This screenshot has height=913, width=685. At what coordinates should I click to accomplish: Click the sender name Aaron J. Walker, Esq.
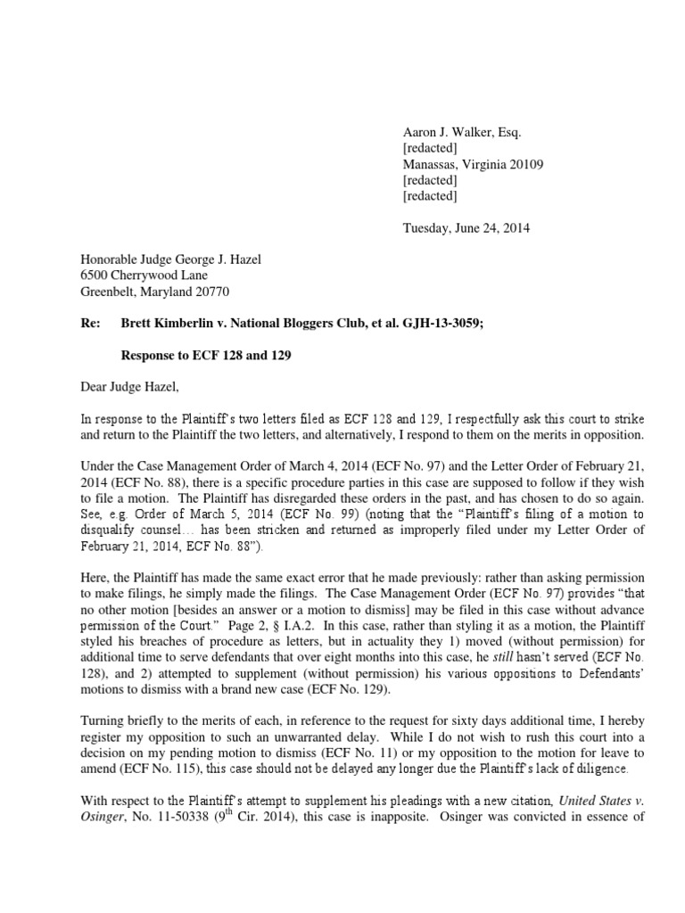click(x=461, y=132)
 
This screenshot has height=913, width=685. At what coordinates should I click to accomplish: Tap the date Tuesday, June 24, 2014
click(x=466, y=228)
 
